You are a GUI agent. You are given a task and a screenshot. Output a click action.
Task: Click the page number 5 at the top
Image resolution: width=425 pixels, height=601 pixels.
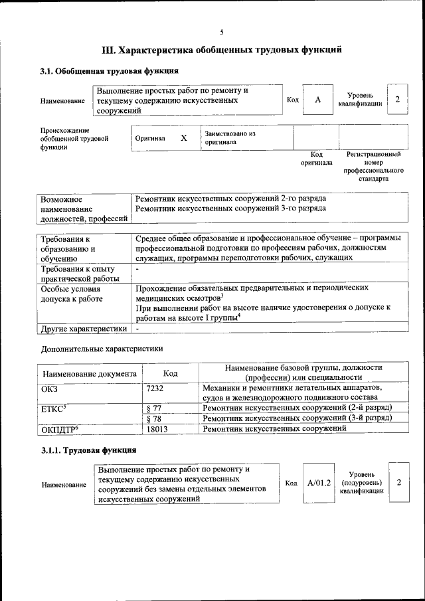pos(222,31)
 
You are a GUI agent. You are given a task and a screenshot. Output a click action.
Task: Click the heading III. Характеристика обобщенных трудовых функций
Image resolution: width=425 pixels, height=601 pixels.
pos(222,50)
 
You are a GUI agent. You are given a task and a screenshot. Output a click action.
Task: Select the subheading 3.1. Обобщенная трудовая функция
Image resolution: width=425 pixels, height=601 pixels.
pos(109,71)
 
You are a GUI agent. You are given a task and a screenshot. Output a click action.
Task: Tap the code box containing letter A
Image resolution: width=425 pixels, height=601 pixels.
pos(318,100)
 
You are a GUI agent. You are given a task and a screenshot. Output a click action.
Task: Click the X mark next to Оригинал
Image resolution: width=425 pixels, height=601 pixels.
pos(184,137)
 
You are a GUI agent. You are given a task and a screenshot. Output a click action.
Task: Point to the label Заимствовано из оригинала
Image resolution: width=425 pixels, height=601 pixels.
pos(230,137)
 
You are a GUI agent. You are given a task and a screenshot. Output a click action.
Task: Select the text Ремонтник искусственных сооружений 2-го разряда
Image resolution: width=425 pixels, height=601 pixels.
pos(230,199)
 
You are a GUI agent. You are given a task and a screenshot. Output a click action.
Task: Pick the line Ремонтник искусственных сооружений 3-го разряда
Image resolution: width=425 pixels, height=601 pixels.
pos(230,208)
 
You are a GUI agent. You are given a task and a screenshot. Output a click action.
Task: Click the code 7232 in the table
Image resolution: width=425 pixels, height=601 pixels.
pos(155,388)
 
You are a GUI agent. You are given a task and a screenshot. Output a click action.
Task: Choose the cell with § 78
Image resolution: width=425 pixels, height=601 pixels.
pos(153,418)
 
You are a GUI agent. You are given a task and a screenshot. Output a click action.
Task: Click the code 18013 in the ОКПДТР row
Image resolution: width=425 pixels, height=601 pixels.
pos(156,430)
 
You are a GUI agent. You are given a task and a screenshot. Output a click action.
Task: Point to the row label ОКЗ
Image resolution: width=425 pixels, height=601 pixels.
pos(50,388)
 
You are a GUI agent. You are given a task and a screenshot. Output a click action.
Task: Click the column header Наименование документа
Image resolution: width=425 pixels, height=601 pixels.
pos(90,373)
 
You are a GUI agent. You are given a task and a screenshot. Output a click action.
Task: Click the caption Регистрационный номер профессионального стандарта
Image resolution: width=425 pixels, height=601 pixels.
pos(373,166)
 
